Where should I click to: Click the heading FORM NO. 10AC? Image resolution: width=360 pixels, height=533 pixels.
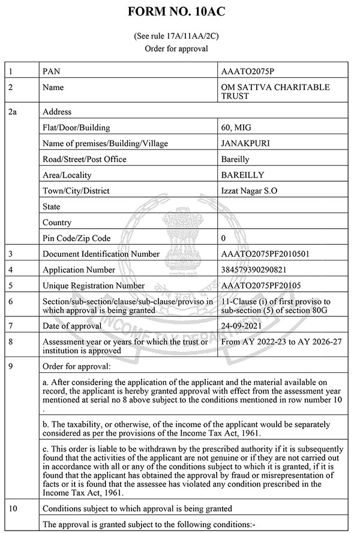(179, 12)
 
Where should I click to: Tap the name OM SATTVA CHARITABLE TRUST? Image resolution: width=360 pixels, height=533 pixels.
(275, 92)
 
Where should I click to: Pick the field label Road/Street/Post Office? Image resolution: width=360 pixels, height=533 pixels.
(85, 159)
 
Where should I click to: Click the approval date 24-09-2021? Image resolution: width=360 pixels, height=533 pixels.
(243, 326)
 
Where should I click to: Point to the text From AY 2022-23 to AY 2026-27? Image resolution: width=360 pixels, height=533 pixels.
(281, 342)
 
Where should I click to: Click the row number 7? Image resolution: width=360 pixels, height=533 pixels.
(10, 326)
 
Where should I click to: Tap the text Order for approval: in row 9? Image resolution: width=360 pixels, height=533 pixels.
(77, 366)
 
